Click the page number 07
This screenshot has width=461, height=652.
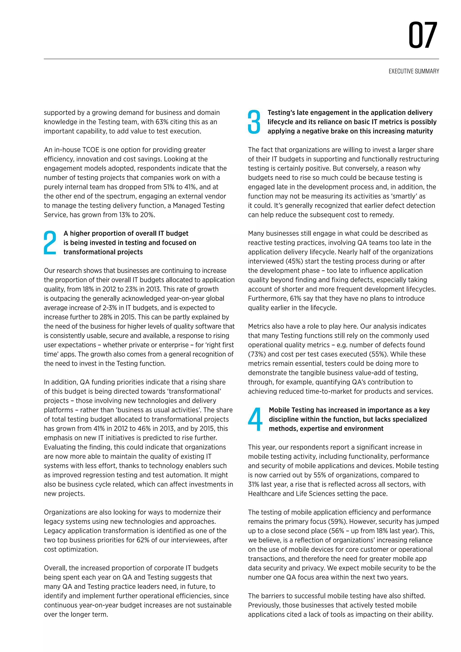click(423, 36)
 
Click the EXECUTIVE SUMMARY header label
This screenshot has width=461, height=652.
click(414, 71)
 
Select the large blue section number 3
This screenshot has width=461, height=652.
click(254, 122)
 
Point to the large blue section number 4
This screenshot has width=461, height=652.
click(255, 419)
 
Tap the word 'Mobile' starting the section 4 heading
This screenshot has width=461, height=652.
click(279, 410)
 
